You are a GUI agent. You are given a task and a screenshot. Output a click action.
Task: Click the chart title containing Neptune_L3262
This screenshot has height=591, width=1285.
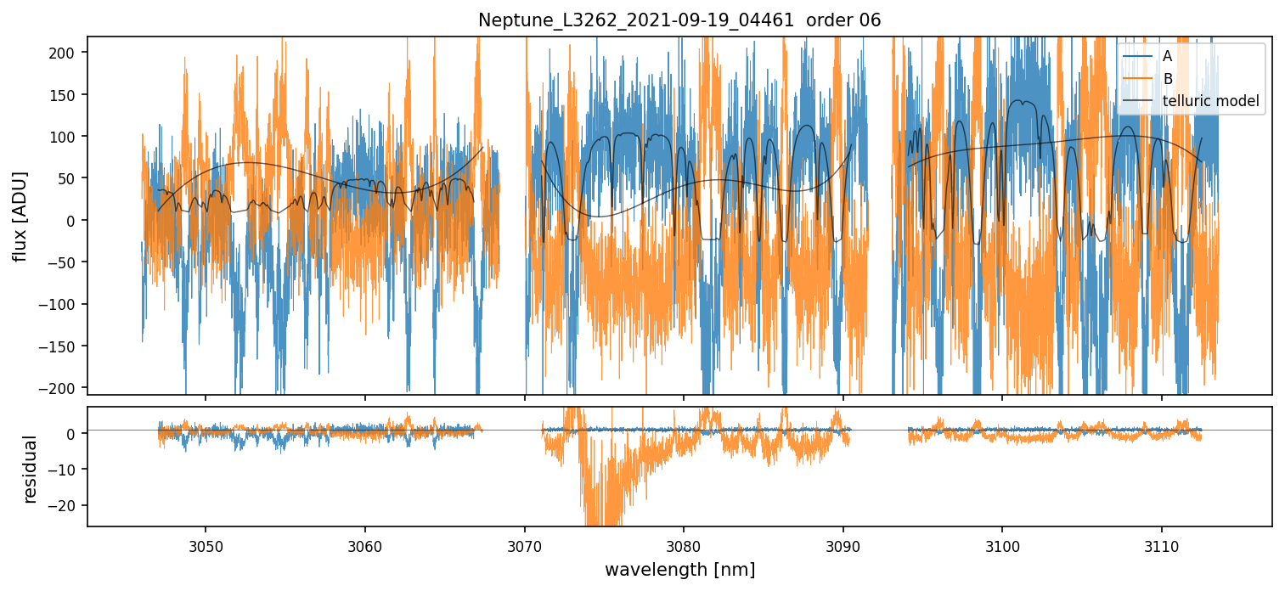click(679, 20)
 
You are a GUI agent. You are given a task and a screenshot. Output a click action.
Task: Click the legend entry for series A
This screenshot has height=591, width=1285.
click(1167, 56)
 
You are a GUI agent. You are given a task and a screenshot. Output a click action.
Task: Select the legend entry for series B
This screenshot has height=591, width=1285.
click(1167, 79)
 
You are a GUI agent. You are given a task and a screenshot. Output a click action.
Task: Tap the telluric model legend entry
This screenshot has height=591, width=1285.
click(1210, 103)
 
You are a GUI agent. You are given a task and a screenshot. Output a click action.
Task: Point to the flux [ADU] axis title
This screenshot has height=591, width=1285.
click(19, 216)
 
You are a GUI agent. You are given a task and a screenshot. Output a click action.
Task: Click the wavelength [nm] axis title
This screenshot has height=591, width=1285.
click(679, 569)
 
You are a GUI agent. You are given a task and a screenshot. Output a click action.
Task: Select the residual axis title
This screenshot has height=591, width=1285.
click(31, 469)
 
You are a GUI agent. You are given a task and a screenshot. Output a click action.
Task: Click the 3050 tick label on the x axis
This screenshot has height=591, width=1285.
click(206, 544)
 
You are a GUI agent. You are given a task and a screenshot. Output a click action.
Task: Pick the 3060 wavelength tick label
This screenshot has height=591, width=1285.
click(365, 544)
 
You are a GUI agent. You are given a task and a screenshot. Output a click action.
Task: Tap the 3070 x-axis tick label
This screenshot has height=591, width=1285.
click(524, 544)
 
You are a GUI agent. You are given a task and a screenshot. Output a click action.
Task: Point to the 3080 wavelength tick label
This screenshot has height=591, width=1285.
click(684, 544)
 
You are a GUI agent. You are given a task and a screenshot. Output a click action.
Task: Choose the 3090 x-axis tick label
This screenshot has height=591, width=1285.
click(843, 544)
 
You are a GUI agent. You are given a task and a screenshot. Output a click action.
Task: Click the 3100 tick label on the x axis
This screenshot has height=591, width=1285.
click(1002, 544)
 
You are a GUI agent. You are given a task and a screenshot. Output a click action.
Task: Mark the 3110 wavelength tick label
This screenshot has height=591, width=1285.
click(1161, 544)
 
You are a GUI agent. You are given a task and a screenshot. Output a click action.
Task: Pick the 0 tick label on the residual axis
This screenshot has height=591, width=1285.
click(72, 434)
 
